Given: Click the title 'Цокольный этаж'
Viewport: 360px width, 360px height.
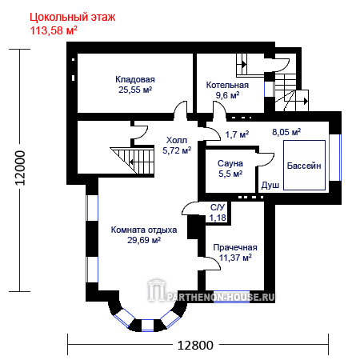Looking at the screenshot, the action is point(72,18).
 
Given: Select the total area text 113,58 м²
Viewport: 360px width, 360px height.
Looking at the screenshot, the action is point(54,30).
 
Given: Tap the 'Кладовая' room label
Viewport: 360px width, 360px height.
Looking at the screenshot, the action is point(135,79).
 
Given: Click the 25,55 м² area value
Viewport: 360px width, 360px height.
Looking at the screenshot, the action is point(135,90).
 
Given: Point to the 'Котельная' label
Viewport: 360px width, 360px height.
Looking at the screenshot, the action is point(227,85).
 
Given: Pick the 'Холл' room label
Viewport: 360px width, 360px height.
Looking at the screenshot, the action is point(177,140).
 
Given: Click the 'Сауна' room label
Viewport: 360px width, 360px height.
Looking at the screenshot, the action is point(230,163).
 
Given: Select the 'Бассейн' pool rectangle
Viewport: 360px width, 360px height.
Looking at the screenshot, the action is point(304,165).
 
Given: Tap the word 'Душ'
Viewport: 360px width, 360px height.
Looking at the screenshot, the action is point(270,185).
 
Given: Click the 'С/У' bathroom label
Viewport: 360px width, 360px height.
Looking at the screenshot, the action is point(218,207).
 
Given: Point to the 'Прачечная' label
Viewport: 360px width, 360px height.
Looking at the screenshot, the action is point(235,247).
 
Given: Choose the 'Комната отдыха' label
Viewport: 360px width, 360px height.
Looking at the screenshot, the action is point(144,230).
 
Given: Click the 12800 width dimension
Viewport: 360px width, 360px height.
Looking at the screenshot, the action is point(195,346).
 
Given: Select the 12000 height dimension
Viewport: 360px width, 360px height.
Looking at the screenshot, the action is point(20,168).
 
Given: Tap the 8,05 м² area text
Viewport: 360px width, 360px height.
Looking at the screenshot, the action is point(286,132).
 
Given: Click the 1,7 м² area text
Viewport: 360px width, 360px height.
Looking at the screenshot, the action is point(237,134).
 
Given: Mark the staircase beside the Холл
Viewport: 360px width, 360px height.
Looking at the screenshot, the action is point(132,159).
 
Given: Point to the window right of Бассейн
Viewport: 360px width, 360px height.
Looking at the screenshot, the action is point(335,158).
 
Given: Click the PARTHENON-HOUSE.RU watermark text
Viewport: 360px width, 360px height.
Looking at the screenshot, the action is point(221,297).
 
